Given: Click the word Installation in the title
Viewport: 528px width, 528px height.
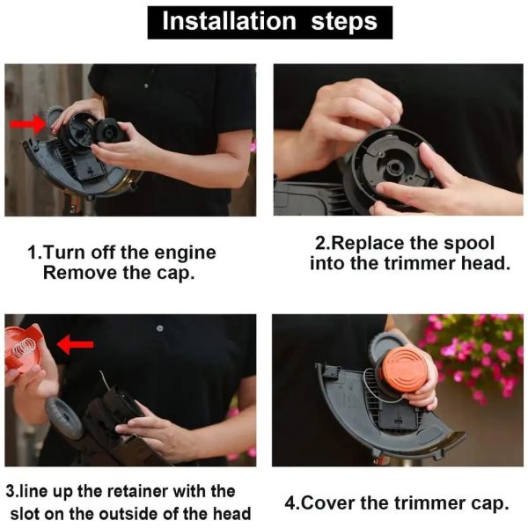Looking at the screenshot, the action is point(229,21).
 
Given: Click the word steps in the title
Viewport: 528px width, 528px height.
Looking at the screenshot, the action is point(344,23).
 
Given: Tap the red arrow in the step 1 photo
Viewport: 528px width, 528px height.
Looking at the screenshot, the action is point(28,124).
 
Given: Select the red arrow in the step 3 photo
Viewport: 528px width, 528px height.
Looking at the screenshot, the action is point(75,344).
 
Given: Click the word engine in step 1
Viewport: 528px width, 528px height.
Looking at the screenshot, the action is point(185,253).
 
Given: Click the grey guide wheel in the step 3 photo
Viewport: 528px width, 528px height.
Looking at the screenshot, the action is point(63,418).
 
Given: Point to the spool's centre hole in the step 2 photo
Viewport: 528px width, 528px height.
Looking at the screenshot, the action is point(392,166).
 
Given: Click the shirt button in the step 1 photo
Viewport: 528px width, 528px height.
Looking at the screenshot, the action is point(146,86).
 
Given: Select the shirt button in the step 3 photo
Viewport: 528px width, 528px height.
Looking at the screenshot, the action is point(160,328).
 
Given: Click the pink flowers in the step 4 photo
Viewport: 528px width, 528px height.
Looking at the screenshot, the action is point(478,357).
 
